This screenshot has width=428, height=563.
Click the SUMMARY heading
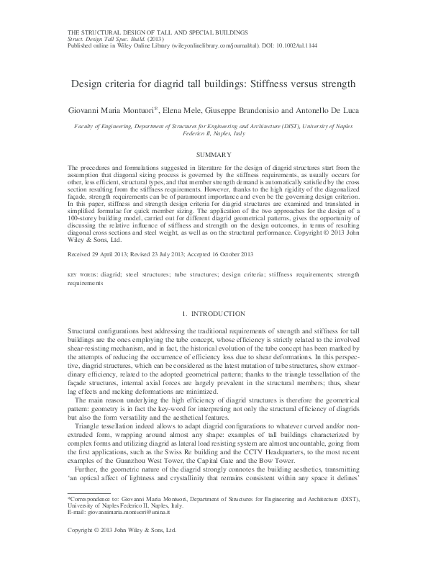point(214,155)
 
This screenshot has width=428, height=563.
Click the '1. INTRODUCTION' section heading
point(214,315)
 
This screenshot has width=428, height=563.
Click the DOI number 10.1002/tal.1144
point(301,45)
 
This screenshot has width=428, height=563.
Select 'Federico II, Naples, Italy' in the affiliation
point(214,133)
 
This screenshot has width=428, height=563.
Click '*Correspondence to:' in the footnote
point(90,518)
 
